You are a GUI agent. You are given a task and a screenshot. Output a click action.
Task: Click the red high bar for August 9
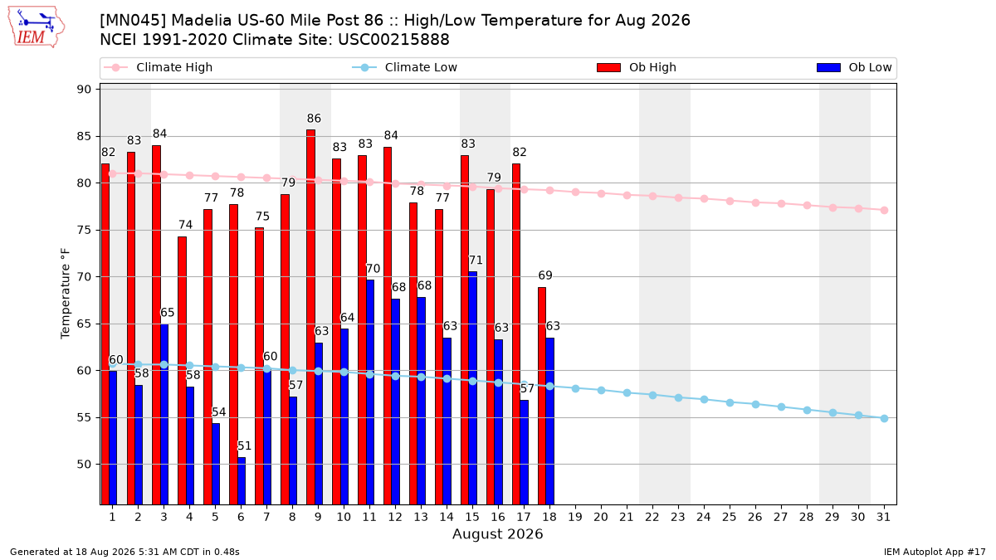[310, 317]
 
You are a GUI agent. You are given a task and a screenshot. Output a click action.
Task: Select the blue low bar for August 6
[242, 481]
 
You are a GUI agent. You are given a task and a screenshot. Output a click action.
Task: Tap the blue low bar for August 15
[472, 388]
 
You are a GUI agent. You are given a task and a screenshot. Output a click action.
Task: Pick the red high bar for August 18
[542, 396]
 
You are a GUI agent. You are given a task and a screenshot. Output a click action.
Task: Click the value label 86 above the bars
[314, 118]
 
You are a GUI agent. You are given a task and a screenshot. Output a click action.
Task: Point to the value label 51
[245, 446]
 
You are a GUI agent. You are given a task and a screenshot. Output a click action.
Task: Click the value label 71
[476, 260]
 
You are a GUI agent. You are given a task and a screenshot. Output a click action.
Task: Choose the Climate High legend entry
[159, 67]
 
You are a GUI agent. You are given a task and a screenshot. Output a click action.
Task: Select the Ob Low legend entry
[854, 67]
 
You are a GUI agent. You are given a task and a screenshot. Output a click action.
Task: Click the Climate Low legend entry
[405, 67]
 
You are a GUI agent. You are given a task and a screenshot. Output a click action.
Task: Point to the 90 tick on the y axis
[84, 90]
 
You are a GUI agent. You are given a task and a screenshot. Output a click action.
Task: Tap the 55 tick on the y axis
[84, 417]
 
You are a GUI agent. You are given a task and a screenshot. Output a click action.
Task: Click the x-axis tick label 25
[730, 518]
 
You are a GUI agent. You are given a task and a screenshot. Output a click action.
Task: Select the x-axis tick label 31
[884, 518]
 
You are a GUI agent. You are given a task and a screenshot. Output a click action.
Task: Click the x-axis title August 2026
[497, 534]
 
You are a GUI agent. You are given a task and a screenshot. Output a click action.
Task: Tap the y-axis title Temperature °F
[66, 294]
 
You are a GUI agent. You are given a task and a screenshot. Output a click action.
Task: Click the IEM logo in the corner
[36, 27]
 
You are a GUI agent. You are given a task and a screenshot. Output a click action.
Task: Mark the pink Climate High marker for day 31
[885, 210]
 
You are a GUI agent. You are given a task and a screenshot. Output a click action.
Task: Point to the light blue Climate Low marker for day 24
[705, 400]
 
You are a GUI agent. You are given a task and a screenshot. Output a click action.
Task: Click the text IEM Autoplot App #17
[935, 552]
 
